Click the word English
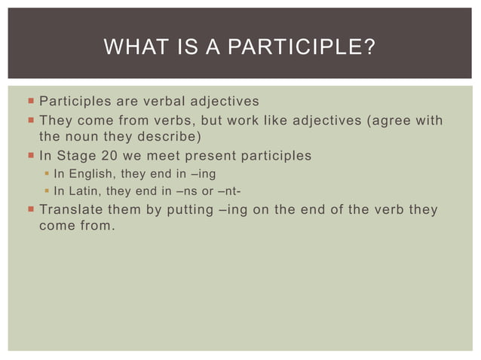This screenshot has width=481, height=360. [x=88, y=174]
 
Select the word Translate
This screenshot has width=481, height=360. [x=71, y=209]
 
